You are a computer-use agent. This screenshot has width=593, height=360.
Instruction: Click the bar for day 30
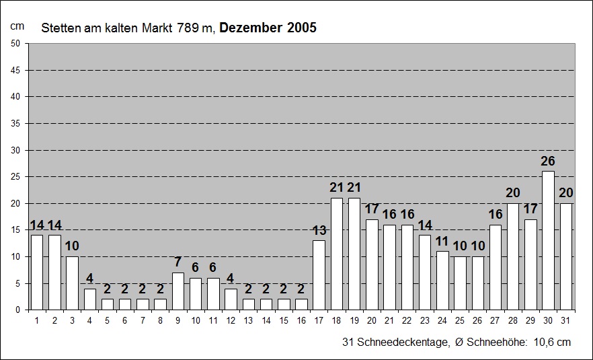point(549,240)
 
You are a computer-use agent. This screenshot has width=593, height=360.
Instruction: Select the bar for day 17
point(319,275)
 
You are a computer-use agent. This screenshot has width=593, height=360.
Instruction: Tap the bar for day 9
point(178,291)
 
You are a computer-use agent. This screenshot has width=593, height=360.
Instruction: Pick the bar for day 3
point(72,283)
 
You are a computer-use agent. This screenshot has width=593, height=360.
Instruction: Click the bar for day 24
point(442,280)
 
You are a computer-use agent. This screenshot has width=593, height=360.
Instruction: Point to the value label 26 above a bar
point(549,161)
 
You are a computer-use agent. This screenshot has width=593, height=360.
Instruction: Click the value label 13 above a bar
point(319,231)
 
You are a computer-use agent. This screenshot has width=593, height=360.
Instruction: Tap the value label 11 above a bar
point(442,242)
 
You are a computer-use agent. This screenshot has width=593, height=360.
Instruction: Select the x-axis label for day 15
point(284,320)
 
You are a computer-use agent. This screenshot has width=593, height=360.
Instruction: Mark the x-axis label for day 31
point(566,320)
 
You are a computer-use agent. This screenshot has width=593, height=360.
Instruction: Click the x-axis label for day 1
point(37,320)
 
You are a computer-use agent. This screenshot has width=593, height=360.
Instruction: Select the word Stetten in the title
point(58,29)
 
